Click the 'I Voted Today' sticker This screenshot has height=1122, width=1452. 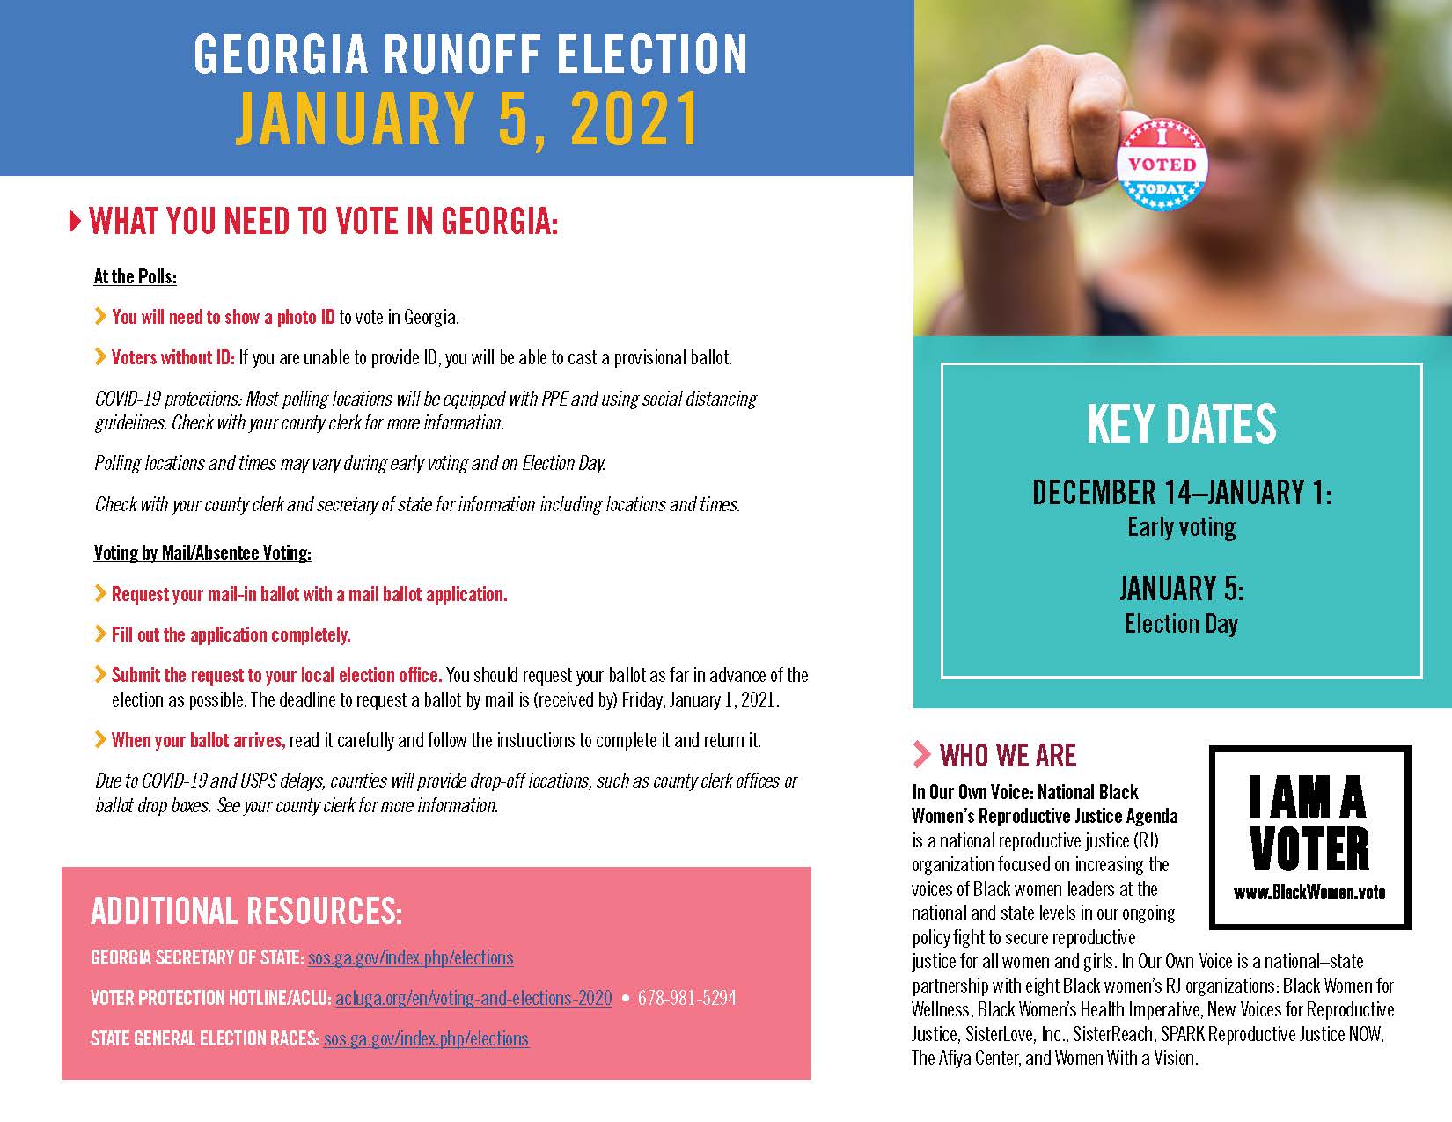point(1162,165)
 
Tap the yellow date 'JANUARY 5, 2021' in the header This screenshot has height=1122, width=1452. point(467,118)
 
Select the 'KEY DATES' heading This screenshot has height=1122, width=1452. point(1181,424)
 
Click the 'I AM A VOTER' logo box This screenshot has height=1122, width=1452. point(1309,836)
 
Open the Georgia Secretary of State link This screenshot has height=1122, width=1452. point(410,957)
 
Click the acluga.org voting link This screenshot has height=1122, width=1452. point(473,998)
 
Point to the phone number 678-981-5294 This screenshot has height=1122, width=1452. point(686,998)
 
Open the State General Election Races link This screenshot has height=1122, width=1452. point(426,1038)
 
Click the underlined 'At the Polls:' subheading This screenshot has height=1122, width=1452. point(136,276)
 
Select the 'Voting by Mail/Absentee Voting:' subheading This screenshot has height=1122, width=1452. point(202,553)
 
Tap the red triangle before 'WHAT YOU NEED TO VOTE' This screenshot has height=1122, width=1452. point(75,221)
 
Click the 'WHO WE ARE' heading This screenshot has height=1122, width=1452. point(1008,755)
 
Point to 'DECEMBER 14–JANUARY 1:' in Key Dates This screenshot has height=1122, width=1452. point(1181,493)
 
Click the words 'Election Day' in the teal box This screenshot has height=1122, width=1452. point(1181,624)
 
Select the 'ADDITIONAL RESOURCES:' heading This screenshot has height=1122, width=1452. point(246,912)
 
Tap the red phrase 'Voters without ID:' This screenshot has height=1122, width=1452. point(173,357)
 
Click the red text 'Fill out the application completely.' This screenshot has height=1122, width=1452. point(231,634)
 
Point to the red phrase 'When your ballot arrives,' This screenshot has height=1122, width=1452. point(198,740)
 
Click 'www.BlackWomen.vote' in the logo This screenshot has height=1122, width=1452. point(1309,892)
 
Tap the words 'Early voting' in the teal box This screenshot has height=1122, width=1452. point(1181,527)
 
